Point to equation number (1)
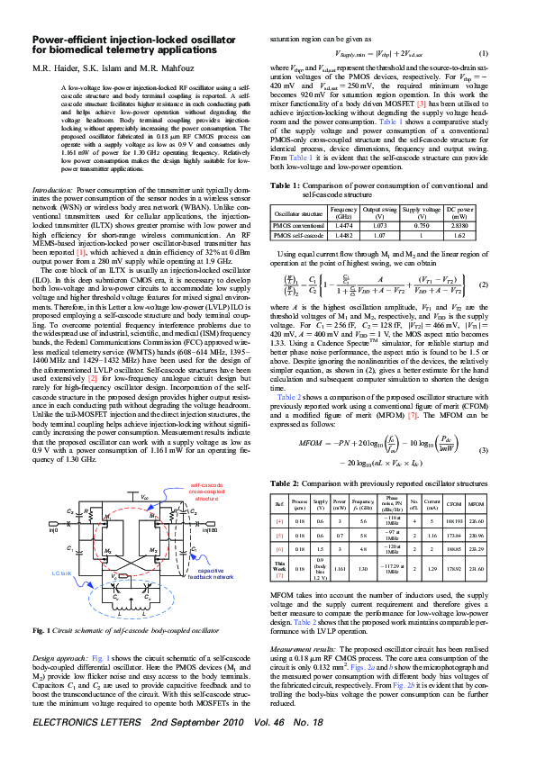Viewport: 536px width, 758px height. [x=483, y=53]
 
